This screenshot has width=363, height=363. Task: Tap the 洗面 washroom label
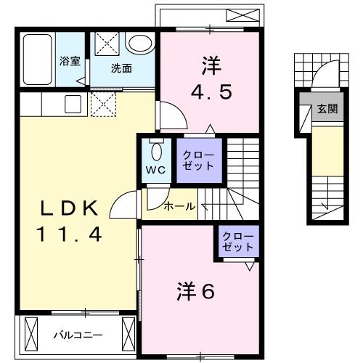(x=121, y=69)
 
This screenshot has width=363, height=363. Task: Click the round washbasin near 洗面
(x=138, y=44)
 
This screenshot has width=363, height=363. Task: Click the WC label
(x=156, y=170)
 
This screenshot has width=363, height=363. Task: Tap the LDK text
(x=69, y=208)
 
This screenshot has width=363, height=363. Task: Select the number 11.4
(x=69, y=234)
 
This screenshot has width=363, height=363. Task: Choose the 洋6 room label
(x=195, y=291)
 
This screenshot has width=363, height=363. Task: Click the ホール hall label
(x=179, y=206)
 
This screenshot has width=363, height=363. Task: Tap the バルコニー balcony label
(x=78, y=335)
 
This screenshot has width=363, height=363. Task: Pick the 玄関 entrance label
(x=327, y=110)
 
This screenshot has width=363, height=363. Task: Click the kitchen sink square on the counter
(x=73, y=104)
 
